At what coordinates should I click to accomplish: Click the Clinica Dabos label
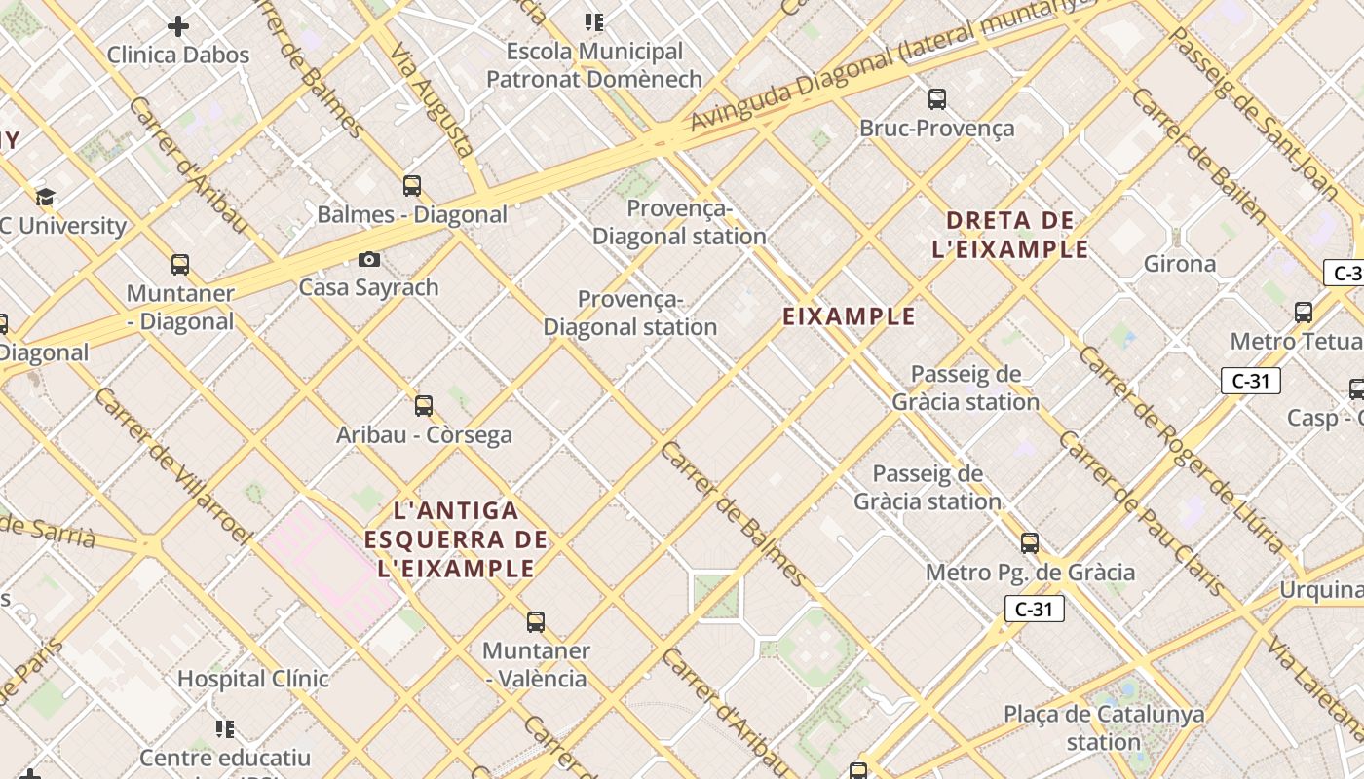coord(178,55)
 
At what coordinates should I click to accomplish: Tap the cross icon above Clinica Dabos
coord(178,26)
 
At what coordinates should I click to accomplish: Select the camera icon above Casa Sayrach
coord(369,259)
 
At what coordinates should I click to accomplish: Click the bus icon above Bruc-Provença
coord(936,98)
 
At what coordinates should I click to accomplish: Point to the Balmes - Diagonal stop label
coord(412,214)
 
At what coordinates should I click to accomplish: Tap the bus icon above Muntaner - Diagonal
coord(180,265)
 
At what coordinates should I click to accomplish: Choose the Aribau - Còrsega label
coord(424,434)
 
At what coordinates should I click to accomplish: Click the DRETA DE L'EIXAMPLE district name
coord(1009,235)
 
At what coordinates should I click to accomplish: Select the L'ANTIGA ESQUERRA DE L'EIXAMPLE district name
coord(456,539)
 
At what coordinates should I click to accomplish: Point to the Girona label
coord(1180,264)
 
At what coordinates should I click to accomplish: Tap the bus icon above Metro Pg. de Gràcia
coord(1030,543)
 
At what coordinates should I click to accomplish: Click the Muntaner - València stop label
coord(536,664)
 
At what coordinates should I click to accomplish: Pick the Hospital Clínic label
coord(252,678)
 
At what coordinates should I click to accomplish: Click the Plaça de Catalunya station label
coord(1104,727)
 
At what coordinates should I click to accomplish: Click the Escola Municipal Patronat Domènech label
coord(594,64)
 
